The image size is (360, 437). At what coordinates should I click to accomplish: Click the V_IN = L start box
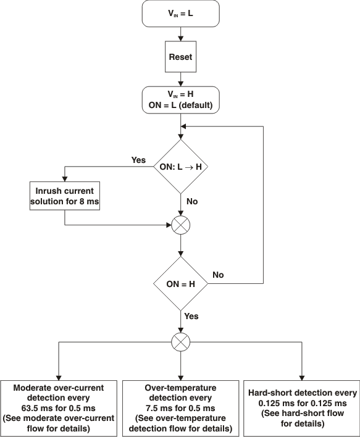click(180, 14)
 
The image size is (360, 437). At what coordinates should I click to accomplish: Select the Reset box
click(180, 57)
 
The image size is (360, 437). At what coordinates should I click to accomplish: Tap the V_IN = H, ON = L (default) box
click(180, 99)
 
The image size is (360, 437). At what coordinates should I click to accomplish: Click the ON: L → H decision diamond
click(180, 167)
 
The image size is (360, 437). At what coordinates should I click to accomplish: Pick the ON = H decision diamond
click(180, 283)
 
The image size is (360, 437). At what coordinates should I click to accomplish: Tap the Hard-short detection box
click(303, 408)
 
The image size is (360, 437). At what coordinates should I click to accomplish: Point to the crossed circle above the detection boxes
click(180, 341)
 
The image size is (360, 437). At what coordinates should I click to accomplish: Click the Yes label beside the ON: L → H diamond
click(138, 160)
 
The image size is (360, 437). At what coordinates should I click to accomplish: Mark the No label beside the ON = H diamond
click(219, 274)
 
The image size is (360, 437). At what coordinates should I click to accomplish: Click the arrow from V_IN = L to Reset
click(180, 35)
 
